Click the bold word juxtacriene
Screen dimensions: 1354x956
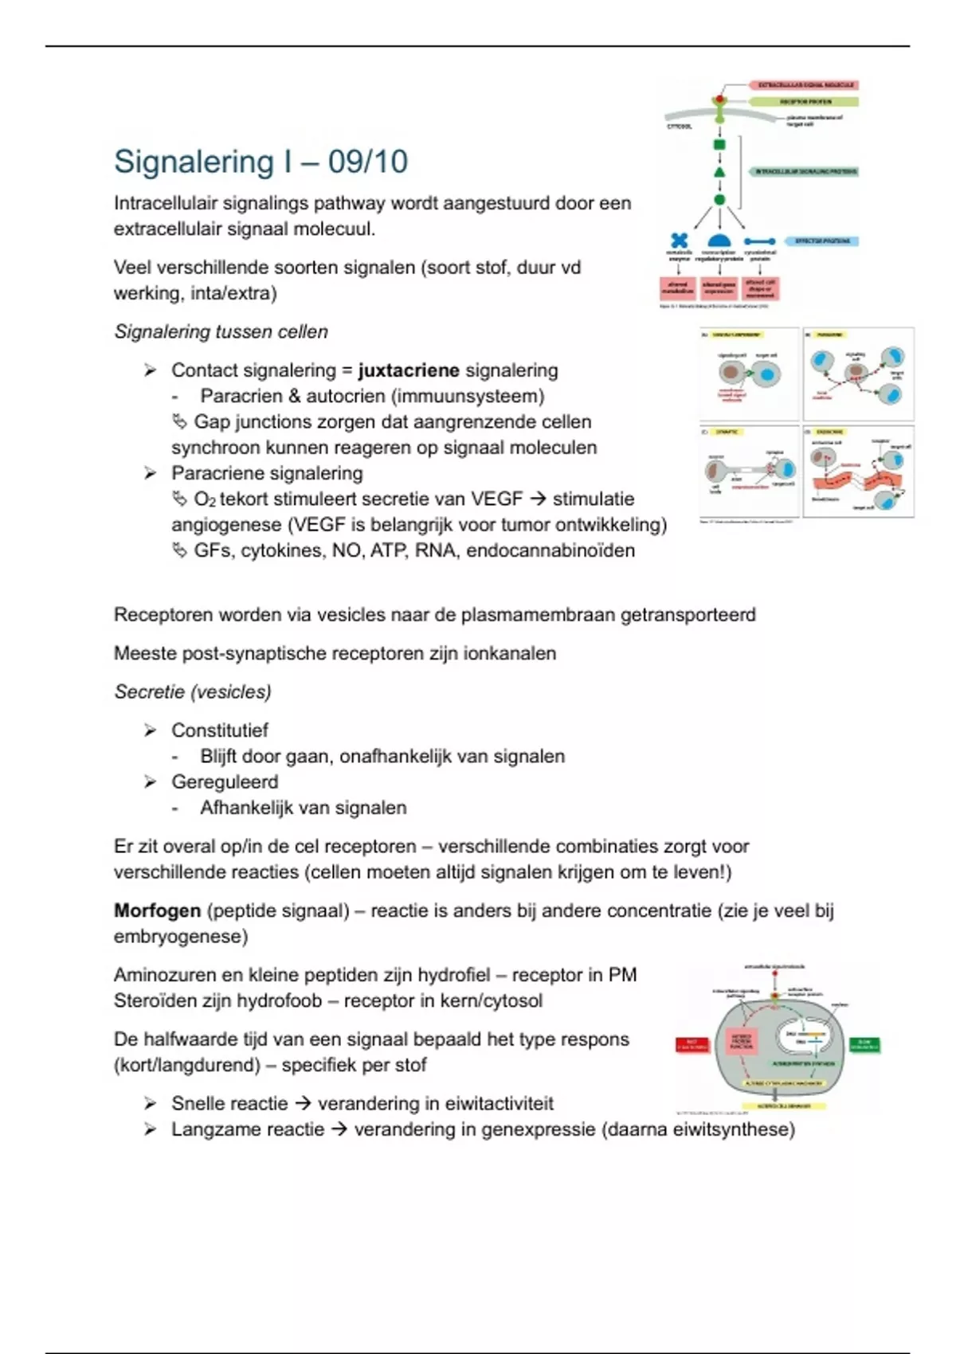(409, 370)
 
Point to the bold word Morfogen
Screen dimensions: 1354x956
(157, 910)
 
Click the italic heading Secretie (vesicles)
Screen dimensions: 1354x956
(193, 692)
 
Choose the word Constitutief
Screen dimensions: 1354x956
(220, 730)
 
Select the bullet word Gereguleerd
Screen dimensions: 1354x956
(225, 782)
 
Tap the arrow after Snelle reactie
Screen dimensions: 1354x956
(303, 1104)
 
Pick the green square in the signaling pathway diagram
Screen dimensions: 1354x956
(719, 145)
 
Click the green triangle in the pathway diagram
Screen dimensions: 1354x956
(719, 172)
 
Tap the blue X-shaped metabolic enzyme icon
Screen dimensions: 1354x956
(679, 240)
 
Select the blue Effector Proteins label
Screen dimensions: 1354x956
(822, 241)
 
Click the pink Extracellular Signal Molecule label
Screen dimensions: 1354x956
(805, 84)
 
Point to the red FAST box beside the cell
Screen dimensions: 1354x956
(692, 1045)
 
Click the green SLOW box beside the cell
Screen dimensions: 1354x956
(864, 1045)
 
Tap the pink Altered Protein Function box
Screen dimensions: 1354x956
(741, 1041)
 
